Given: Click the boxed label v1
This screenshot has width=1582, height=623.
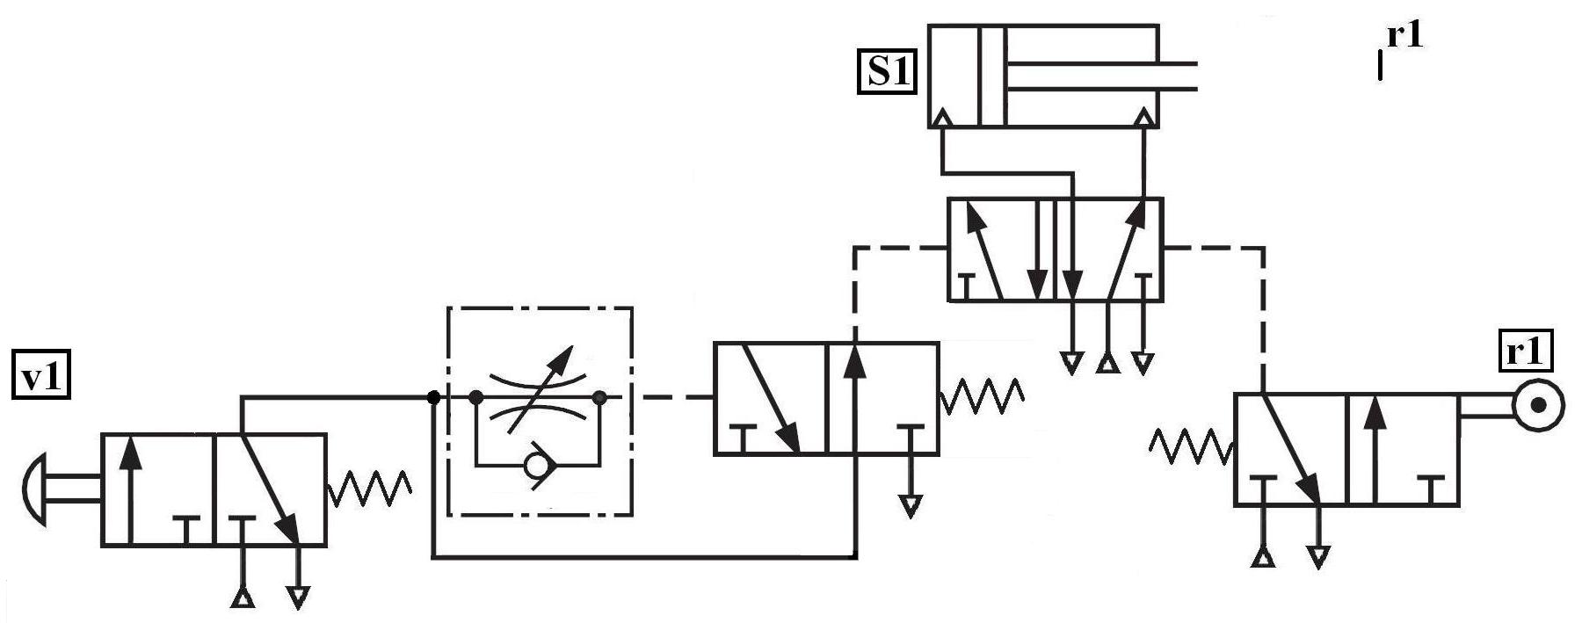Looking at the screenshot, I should [x=40, y=377].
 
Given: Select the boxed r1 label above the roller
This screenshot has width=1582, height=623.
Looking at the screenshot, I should [x=1523, y=352].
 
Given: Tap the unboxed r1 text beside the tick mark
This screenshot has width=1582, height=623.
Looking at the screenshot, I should [x=1404, y=36].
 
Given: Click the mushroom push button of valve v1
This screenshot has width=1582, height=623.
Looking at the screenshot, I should [x=33, y=489].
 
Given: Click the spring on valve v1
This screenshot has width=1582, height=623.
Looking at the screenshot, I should [x=369, y=489].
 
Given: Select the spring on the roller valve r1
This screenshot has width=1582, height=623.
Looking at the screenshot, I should [x=1191, y=446].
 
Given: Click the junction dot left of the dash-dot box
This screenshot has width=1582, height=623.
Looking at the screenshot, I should [x=432, y=398].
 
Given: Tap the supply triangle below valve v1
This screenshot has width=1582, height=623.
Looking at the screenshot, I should [x=243, y=598].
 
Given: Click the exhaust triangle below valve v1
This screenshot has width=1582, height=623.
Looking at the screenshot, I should [x=299, y=598].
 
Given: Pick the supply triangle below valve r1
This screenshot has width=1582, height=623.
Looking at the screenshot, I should [x=1263, y=555].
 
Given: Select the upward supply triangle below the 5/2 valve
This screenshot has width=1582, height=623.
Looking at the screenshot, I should [x=1107, y=361].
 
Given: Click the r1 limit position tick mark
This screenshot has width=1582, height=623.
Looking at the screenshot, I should [x=1380, y=65].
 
